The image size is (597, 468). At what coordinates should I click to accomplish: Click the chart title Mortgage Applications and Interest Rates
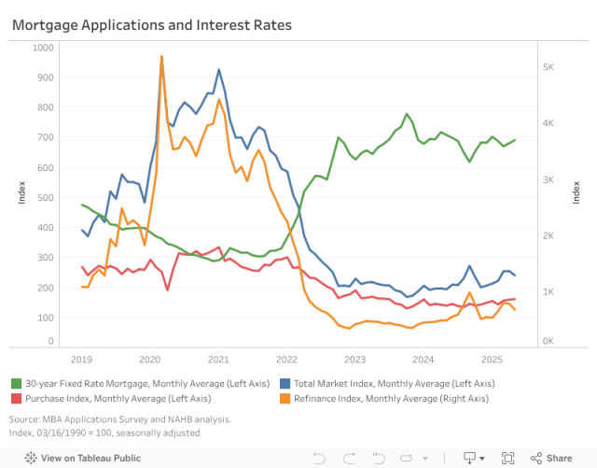click(x=151, y=25)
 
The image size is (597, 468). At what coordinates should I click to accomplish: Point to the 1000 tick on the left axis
click(x=43, y=47)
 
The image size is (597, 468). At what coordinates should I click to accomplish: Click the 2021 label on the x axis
click(x=218, y=360)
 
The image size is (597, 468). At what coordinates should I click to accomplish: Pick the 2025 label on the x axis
click(x=491, y=360)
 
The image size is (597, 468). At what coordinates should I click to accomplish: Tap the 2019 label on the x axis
click(x=81, y=360)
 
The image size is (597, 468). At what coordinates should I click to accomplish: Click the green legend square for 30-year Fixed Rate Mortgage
click(x=17, y=384)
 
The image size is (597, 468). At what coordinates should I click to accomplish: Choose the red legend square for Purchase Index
click(x=17, y=399)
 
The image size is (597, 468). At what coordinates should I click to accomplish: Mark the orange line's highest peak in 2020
click(x=161, y=56)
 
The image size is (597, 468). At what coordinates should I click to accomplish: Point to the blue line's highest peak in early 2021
click(x=218, y=69)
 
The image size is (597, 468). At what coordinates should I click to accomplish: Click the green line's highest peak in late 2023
click(x=407, y=114)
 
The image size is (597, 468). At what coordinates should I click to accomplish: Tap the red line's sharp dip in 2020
click(x=167, y=290)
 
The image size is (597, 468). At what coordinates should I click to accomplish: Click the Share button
click(x=551, y=458)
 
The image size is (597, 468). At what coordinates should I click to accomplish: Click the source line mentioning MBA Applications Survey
click(x=120, y=419)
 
